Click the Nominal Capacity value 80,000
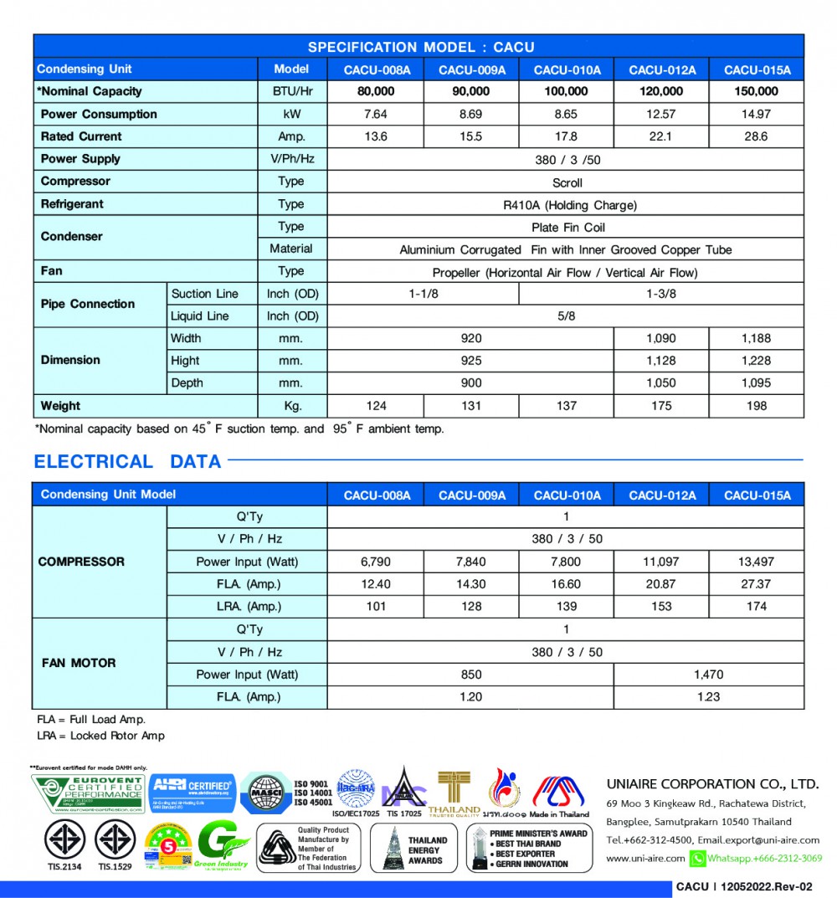coord(376,91)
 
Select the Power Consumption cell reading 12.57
coord(661,114)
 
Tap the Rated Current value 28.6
coord(756,136)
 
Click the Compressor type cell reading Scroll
coord(567,182)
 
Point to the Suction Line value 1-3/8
coord(660,294)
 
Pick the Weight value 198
coord(756,406)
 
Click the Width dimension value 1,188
coord(756,338)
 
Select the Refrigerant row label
coord(72,203)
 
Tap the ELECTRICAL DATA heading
coord(127,461)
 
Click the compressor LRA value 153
coord(661,606)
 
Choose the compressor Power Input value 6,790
coord(376,562)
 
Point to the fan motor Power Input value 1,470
coord(708,675)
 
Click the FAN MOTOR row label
coord(79,663)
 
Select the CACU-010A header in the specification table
coord(567,69)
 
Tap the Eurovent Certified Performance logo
coord(87,793)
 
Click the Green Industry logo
coord(223,845)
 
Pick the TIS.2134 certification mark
coord(64,844)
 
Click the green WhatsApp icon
coord(697,858)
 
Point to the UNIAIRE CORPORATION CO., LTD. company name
coord(711,784)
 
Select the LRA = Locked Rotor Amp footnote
coord(100,736)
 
